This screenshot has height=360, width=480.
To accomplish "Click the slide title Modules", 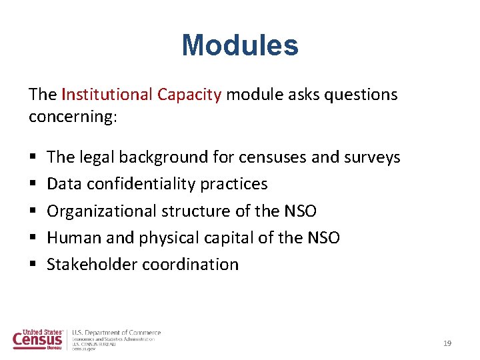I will click(x=240, y=46).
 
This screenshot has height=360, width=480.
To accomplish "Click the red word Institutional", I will click(x=107, y=95).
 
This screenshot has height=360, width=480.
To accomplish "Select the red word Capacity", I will click(x=189, y=95).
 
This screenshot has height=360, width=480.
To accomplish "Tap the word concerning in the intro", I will click(x=72, y=117).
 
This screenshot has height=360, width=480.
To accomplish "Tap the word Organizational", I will click(x=101, y=211).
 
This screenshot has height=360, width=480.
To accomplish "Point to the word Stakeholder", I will click(x=91, y=265).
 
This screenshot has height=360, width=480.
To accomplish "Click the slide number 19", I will click(x=447, y=343).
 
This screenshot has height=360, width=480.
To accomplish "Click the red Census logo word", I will click(x=37, y=340).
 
